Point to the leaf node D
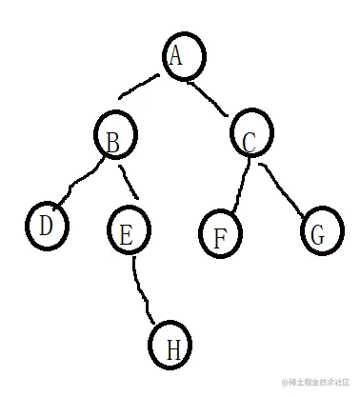(x=44, y=227)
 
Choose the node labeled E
(x=128, y=234)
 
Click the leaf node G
(x=321, y=230)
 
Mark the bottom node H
(x=172, y=347)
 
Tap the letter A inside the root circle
(x=176, y=57)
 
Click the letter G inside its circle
(x=319, y=232)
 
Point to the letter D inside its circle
(x=45, y=227)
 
